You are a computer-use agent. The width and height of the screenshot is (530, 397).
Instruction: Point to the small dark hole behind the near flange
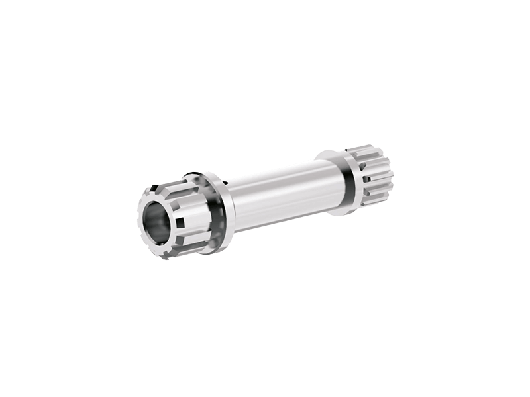[225, 180]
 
